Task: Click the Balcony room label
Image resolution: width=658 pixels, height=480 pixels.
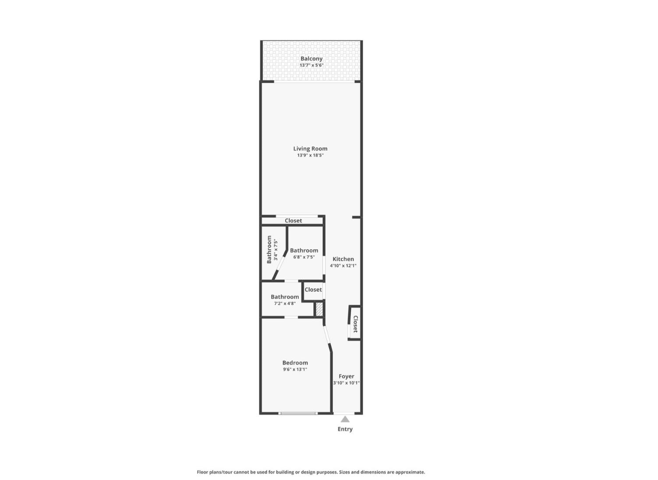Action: coord(311,59)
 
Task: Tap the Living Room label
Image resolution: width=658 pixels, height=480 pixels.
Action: coord(310,148)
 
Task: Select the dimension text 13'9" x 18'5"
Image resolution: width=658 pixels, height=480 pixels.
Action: coord(310,155)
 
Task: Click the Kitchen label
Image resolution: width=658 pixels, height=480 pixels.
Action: coord(343,259)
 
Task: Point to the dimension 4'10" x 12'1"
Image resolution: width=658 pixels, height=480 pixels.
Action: coord(343,266)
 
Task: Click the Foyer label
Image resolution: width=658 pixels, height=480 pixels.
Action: coord(347,376)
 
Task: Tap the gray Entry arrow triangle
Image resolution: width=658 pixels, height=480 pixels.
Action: coord(345,419)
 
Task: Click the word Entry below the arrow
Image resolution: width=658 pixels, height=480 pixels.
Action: coord(345,429)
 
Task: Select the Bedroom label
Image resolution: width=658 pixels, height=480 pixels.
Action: coord(295,363)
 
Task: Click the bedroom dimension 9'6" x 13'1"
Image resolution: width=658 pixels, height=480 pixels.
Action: coord(295,370)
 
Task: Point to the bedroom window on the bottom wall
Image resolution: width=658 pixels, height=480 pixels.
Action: coord(298,413)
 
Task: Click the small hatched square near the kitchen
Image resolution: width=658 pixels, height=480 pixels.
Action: coord(319,310)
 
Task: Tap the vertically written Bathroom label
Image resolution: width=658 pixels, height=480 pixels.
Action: coord(269,250)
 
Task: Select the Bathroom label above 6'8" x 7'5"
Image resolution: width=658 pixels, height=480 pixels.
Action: coord(304,251)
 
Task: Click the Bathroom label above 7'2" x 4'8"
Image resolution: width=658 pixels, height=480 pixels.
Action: coord(285,297)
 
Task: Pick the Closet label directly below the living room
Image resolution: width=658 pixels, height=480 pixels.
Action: coord(294,220)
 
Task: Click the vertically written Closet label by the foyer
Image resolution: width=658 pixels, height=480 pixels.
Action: coord(355,324)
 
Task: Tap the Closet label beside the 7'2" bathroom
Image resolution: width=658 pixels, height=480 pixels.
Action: coord(313,289)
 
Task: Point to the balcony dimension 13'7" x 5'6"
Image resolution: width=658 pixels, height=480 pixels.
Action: coord(311,65)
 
